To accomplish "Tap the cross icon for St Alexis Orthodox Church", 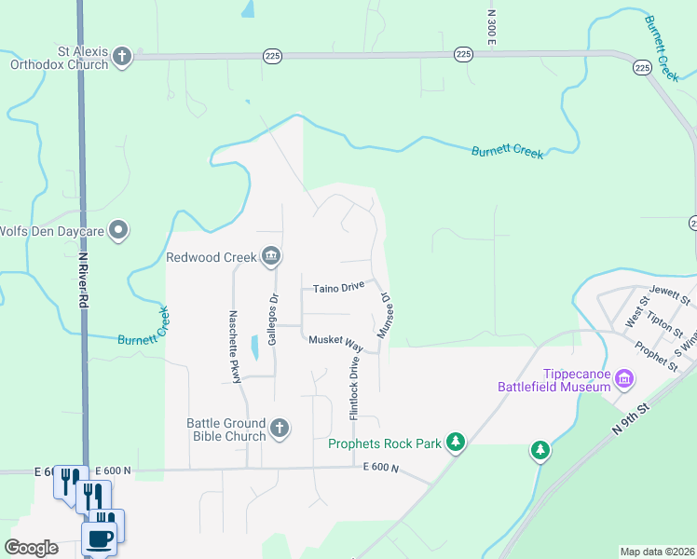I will tap(121, 58).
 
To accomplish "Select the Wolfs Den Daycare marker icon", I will tap(118, 230).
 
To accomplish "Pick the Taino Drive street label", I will tap(337, 288).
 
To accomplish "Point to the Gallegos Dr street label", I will tap(273, 320).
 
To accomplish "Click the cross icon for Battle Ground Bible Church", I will tap(280, 429).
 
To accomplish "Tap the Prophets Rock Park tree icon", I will tap(456, 442).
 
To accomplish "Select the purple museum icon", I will tap(624, 379).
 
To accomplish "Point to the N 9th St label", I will tap(631, 416).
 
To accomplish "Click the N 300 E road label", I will tap(490, 29).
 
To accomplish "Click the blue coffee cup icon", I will tap(100, 538).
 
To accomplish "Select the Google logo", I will tap(32, 548).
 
